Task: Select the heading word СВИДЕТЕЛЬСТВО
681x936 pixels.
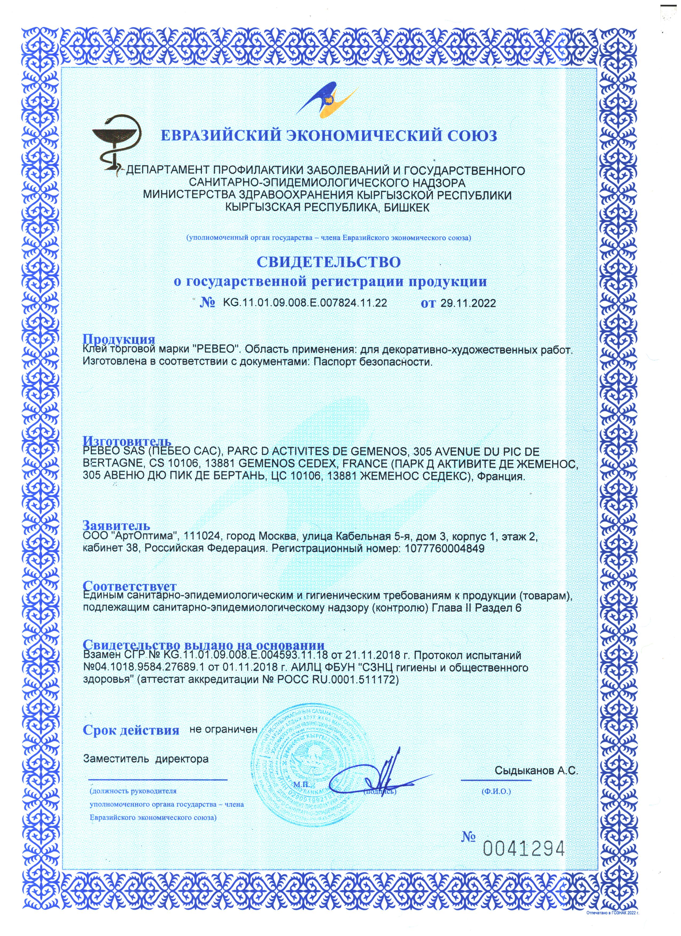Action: point(329,262)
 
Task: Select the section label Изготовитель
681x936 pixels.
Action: point(127,441)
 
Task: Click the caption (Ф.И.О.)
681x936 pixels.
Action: point(496,792)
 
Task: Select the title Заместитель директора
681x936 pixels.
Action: point(146,759)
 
